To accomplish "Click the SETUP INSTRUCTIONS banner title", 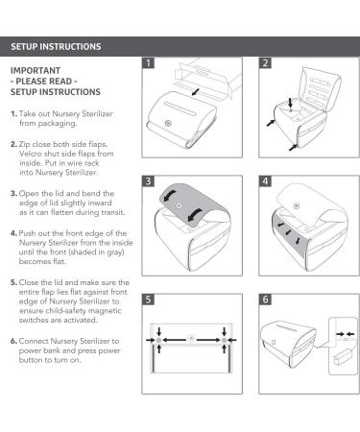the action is [56, 47].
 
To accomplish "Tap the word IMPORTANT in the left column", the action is [36, 71].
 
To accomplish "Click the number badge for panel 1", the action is [148, 63].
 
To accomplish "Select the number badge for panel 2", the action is [265, 63].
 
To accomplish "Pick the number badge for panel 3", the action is [148, 181].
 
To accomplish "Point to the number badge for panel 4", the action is [265, 181].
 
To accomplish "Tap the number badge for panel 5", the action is [148, 300].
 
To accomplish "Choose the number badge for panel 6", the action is [265, 300].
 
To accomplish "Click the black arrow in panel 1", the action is [195, 92].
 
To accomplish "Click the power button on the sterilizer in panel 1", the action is [168, 123].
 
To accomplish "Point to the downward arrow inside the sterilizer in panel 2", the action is [290, 103].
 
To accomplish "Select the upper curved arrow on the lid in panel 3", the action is [170, 195].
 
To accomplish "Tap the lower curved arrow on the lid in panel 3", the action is [195, 215].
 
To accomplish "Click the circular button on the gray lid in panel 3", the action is [180, 205].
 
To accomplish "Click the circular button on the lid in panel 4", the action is [297, 205].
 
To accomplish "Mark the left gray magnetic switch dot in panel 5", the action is [159, 340].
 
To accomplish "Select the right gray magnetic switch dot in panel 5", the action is [224, 340].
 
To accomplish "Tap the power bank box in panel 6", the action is [342, 358].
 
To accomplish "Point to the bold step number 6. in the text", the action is [13, 341].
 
